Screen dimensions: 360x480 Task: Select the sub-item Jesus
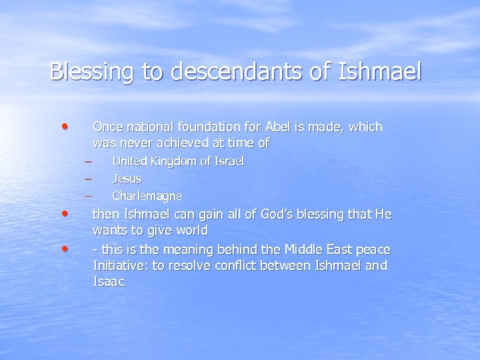point(127,179)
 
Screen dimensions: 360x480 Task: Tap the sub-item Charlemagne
point(147,196)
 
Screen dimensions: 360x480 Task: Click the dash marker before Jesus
point(87,179)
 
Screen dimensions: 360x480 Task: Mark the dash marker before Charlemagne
point(87,196)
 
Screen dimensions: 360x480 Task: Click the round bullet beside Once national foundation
point(63,125)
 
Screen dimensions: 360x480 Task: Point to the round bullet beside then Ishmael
point(63,213)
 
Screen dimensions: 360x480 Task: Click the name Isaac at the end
point(109,282)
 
